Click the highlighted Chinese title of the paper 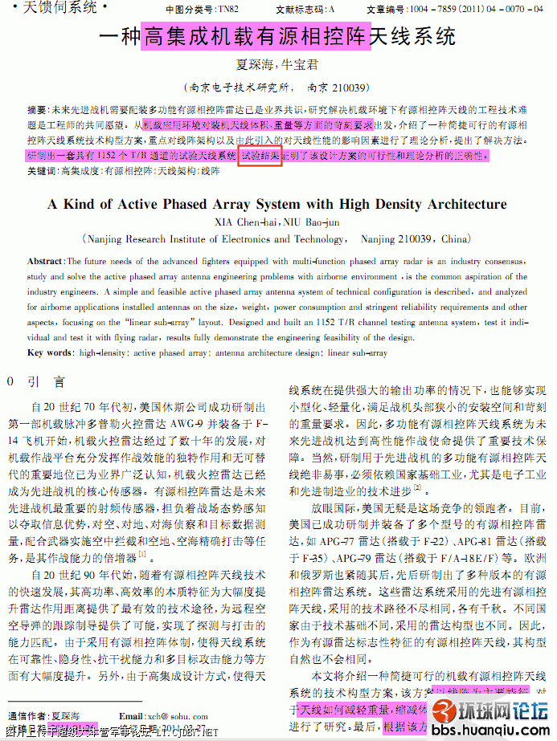(x=256, y=37)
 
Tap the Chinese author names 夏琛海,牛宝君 (x=276, y=64)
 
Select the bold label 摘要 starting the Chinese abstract (x=37, y=109)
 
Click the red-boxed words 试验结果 (x=260, y=155)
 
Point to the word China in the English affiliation (x=456, y=238)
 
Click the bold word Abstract (x=45, y=262)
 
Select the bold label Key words (x=49, y=352)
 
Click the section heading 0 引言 (x=35, y=382)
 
